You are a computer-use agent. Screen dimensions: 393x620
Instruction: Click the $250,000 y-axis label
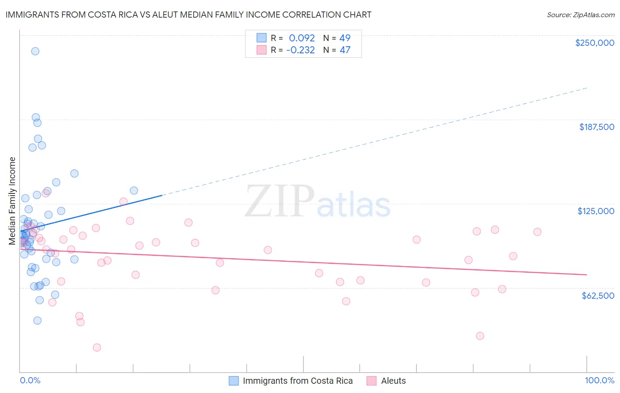[x=594, y=43]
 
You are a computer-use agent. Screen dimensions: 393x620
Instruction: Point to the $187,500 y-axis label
[x=596, y=127]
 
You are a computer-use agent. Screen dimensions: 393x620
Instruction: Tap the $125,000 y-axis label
[x=596, y=211]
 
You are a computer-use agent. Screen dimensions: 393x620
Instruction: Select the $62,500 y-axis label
[x=598, y=296]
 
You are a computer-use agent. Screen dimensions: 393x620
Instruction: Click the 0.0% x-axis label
[x=30, y=380]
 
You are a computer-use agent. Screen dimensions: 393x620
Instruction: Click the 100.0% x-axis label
[x=599, y=380]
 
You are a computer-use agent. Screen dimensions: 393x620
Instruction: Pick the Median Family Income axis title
[x=12, y=201]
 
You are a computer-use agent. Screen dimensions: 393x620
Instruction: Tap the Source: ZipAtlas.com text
[x=580, y=15]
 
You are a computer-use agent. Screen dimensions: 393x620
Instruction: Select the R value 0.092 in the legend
[x=302, y=38]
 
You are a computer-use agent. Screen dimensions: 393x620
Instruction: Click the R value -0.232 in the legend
[x=300, y=50]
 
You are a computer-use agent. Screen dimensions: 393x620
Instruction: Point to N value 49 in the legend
[x=344, y=38]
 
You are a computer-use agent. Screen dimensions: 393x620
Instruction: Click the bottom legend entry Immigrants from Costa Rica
[x=298, y=381]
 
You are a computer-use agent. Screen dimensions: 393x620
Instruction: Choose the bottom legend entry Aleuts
[x=393, y=381]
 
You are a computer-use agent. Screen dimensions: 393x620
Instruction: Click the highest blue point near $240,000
[x=35, y=51]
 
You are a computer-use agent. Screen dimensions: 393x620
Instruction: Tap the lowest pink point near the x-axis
[x=97, y=348]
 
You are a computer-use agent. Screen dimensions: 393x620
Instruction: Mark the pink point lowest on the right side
[x=480, y=336]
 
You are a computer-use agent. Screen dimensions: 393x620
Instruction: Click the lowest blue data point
[x=37, y=320]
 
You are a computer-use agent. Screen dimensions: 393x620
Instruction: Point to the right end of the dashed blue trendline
[x=586, y=88]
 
